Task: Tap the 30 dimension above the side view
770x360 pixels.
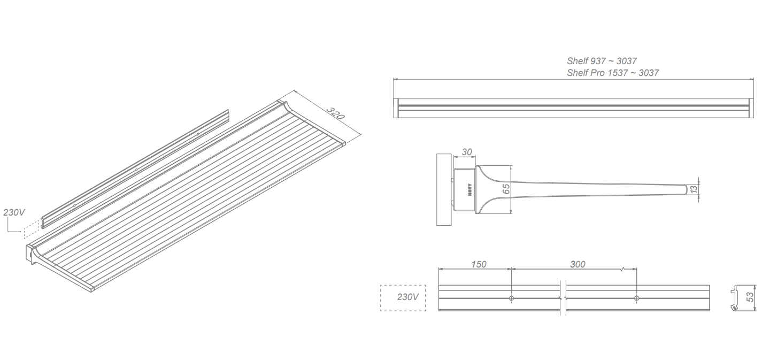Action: click(x=467, y=152)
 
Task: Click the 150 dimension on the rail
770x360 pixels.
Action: click(x=479, y=264)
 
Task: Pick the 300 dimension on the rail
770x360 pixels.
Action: click(x=577, y=264)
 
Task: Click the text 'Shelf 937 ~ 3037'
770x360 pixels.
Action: click(x=602, y=62)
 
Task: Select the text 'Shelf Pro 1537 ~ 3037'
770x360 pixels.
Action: click(x=613, y=73)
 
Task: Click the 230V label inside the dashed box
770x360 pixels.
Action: click(x=407, y=297)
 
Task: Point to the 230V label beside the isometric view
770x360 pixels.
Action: click(x=14, y=212)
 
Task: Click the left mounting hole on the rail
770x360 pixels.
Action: click(x=512, y=298)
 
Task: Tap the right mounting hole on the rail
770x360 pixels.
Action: click(x=636, y=298)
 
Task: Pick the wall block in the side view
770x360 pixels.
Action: click(x=444, y=189)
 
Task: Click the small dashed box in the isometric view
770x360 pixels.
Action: click(x=31, y=228)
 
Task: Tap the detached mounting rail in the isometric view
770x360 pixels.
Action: click(x=136, y=168)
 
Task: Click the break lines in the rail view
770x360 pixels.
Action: click(x=563, y=297)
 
